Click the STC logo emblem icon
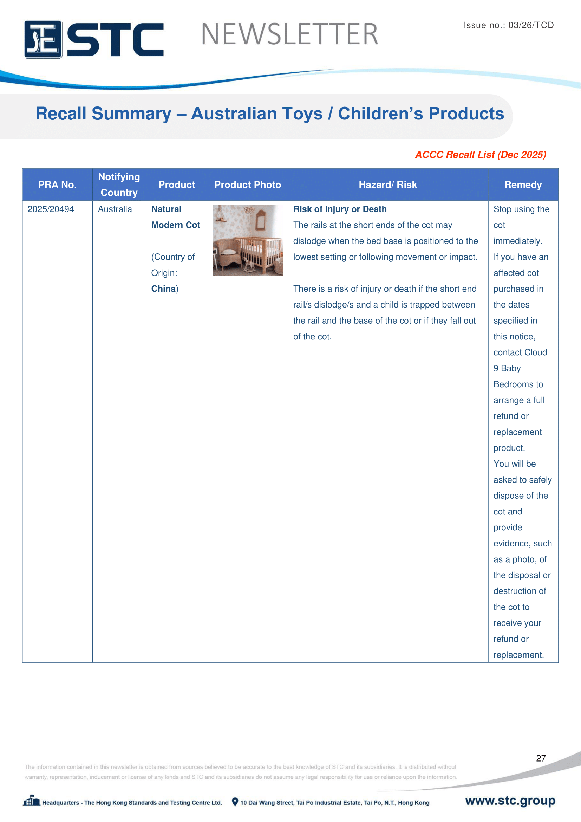click(x=43, y=39)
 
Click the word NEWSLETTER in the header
click(x=289, y=34)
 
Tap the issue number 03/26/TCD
click(x=531, y=25)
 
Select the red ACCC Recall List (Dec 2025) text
click(x=480, y=155)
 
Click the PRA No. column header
click(x=57, y=185)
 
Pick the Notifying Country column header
click(x=119, y=185)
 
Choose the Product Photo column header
click(x=248, y=185)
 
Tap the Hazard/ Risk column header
click(x=388, y=185)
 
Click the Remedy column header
click(x=523, y=185)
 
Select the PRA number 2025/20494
click(x=51, y=209)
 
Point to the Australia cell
click(x=115, y=209)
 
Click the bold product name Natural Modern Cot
click(x=175, y=217)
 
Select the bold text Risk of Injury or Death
click(x=340, y=209)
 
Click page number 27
click(x=541, y=758)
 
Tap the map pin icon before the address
click(x=235, y=802)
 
